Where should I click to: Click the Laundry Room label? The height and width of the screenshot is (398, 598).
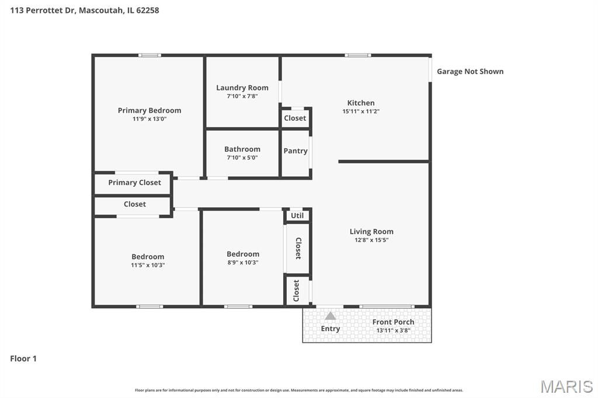[242, 88]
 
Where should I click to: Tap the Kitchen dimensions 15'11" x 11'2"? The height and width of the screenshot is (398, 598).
[361, 111]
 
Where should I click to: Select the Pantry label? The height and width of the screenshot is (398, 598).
[295, 151]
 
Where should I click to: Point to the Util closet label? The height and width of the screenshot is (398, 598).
[297, 215]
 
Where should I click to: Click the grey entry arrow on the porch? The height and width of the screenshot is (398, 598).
[331, 316]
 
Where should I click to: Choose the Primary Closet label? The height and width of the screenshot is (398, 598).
[135, 183]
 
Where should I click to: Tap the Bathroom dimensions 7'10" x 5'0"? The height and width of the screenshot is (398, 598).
[242, 158]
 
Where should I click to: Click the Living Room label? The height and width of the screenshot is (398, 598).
[371, 232]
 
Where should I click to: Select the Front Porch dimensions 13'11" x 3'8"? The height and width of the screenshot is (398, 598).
[393, 330]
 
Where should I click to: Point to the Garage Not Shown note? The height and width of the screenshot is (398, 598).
[470, 71]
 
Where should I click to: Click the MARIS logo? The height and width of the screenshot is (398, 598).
[566, 386]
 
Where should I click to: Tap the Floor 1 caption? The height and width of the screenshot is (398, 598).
[23, 358]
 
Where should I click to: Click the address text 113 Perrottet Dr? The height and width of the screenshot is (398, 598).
[43, 11]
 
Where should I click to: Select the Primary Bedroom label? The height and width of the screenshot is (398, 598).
[149, 110]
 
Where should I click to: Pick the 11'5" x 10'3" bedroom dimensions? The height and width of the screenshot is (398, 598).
[148, 265]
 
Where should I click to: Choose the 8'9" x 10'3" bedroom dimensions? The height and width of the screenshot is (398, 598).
[243, 262]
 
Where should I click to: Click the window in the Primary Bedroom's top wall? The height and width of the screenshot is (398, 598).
[149, 55]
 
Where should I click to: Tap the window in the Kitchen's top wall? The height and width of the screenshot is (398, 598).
[358, 55]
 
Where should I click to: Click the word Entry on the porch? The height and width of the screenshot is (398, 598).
[331, 329]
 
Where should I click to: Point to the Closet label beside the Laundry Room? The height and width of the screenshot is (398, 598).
[295, 118]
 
